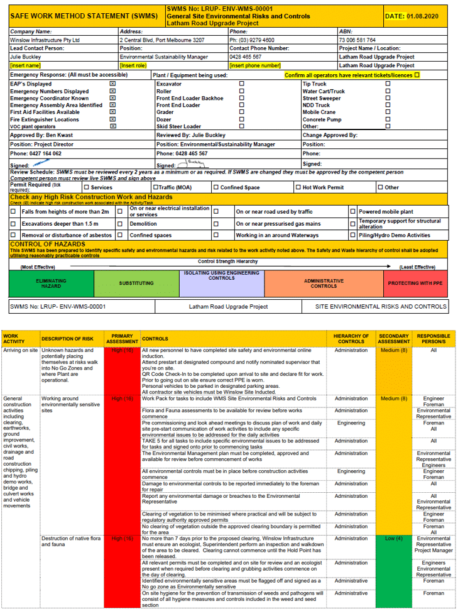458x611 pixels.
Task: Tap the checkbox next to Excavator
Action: click(x=242, y=84)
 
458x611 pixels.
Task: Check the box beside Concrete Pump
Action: click(x=388, y=119)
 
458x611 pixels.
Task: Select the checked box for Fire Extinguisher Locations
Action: click(x=113, y=119)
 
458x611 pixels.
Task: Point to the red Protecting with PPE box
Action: click(x=415, y=283)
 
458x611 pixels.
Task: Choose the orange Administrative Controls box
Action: click(x=324, y=283)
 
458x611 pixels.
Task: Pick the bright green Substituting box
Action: click(x=136, y=283)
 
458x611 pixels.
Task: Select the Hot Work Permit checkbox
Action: click(x=298, y=187)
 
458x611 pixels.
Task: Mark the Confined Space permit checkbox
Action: click(x=215, y=187)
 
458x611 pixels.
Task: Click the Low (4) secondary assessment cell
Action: click(x=394, y=538)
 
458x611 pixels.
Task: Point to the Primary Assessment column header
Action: click(x=122, y=338)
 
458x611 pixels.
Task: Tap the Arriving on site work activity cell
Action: click(x=21, y=350)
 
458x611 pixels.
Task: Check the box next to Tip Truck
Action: click(x=388, y=84)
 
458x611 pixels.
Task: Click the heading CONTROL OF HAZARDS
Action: click(x=48, y=244)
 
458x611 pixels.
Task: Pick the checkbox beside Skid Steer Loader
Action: click(x=242, y=126)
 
